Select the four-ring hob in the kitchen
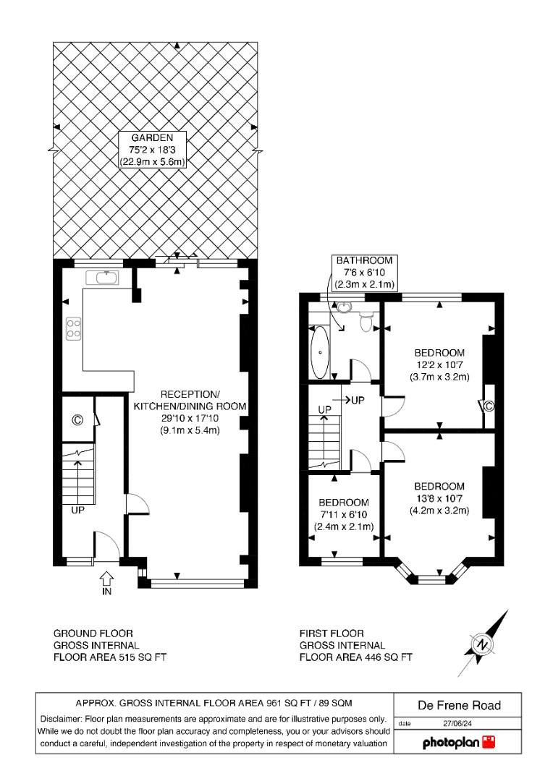point(73,329)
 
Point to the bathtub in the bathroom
point(319,352)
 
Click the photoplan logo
point(448,743)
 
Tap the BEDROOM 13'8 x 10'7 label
point(439,498)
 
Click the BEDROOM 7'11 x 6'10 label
point(344,514)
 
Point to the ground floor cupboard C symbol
point(77,419)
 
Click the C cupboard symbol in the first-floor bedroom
point(489,406)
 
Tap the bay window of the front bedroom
point(433,576)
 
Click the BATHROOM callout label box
point(364,272)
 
